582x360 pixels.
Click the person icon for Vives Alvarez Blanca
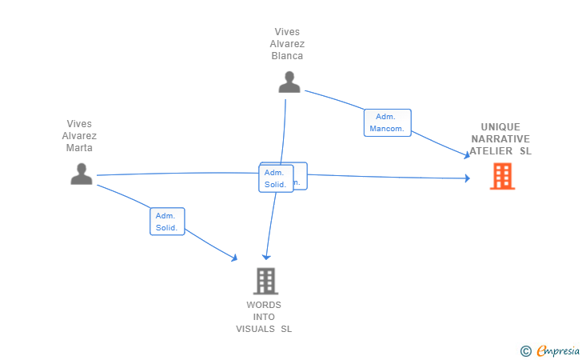(289, 82)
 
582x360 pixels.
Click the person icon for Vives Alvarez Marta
(82, 174)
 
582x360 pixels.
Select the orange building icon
(502, 176)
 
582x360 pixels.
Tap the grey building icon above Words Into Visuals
(265, 281)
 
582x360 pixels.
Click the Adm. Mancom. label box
(388, 122)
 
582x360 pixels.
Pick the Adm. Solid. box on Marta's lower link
(167, 222)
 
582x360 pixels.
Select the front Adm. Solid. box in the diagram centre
(276, 178)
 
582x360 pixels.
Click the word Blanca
(287, 56)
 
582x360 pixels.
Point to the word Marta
(79, 148)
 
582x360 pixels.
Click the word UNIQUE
(500, 126)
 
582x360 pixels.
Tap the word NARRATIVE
(500, 138)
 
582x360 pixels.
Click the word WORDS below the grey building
(264, 305)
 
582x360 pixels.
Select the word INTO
(264, 317)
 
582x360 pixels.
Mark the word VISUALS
(256, 329)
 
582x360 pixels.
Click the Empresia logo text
(558, 350)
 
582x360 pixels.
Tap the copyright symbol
(525, 350)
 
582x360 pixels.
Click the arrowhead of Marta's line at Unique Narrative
(467, 178)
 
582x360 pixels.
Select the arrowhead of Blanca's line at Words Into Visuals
(266, 256)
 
